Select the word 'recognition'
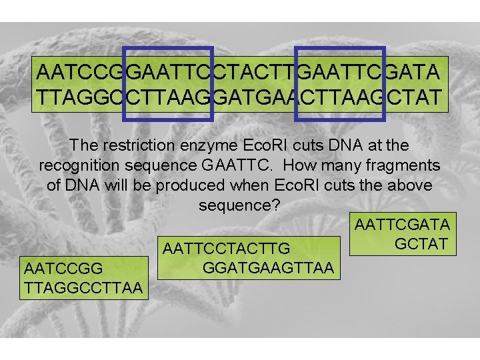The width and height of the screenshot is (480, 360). [78, 165]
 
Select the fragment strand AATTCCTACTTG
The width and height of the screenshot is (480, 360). [226, 249]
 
